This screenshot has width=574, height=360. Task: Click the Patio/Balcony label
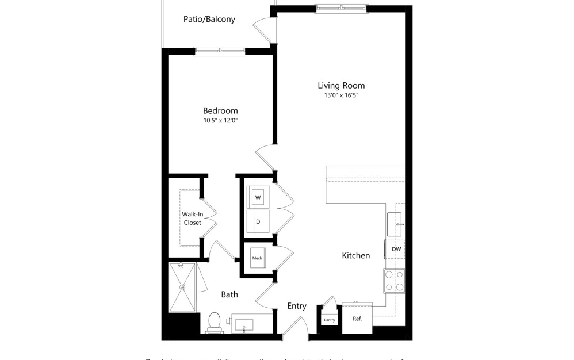click(209, 19)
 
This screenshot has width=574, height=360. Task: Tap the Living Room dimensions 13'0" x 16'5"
click(341, 95)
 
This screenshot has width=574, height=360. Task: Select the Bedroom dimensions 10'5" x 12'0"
click(220, 121)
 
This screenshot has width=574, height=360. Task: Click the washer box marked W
click(258, 197)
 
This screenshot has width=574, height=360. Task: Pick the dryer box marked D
click(258, 221)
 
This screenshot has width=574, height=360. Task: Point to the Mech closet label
click(257, 259)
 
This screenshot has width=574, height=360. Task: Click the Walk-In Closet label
click(192, 218)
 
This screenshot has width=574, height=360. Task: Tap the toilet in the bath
click(215, 322)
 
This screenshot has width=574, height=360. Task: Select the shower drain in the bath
click(183, 286)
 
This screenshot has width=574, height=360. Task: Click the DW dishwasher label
click(396, 249)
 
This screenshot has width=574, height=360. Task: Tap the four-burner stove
click(394, 281)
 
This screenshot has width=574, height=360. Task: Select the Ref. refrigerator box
click(357, 319)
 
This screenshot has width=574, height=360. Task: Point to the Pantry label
click(329, 320)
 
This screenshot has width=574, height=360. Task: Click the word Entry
click(297, 306)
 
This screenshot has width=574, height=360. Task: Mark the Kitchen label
click(356, 255)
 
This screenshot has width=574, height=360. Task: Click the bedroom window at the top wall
click(220, 52)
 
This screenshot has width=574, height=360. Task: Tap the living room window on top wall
click(342, 8)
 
